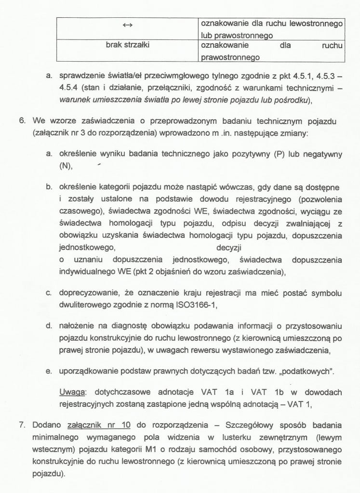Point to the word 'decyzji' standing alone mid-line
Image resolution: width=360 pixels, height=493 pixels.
tap(229, 248)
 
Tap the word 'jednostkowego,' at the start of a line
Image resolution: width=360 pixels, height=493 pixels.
tap(88, 248)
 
